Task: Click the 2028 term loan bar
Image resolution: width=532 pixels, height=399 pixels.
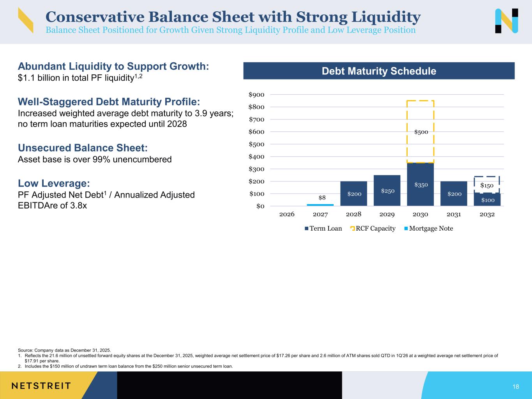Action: (353, 193)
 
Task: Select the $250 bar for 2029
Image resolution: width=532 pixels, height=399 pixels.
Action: (387, 190)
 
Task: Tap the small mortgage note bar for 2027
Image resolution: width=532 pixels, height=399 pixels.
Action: (320, 205)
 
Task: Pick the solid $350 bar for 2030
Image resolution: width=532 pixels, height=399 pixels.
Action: (420, 184)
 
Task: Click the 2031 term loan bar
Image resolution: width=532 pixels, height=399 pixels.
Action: (454, 193)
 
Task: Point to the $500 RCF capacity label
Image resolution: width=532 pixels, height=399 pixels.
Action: (421, 132)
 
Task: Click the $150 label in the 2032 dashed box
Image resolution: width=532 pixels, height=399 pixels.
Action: (486, 185)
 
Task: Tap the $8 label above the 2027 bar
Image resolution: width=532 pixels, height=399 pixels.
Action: (322, 198)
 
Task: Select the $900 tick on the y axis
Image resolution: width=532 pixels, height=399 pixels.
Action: (256, 95)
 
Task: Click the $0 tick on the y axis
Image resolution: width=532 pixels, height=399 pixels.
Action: (260, 206)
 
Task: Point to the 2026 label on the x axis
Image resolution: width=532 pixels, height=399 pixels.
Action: (287, 214)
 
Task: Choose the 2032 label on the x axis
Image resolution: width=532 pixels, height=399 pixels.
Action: (487, 214)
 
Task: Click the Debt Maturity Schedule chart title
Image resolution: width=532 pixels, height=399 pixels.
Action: (379, 71)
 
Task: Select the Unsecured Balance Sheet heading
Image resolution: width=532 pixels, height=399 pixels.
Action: (83, 148)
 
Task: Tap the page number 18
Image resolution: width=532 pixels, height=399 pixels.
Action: (516, 387)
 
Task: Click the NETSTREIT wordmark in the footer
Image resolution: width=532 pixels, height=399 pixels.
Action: (41, 386)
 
